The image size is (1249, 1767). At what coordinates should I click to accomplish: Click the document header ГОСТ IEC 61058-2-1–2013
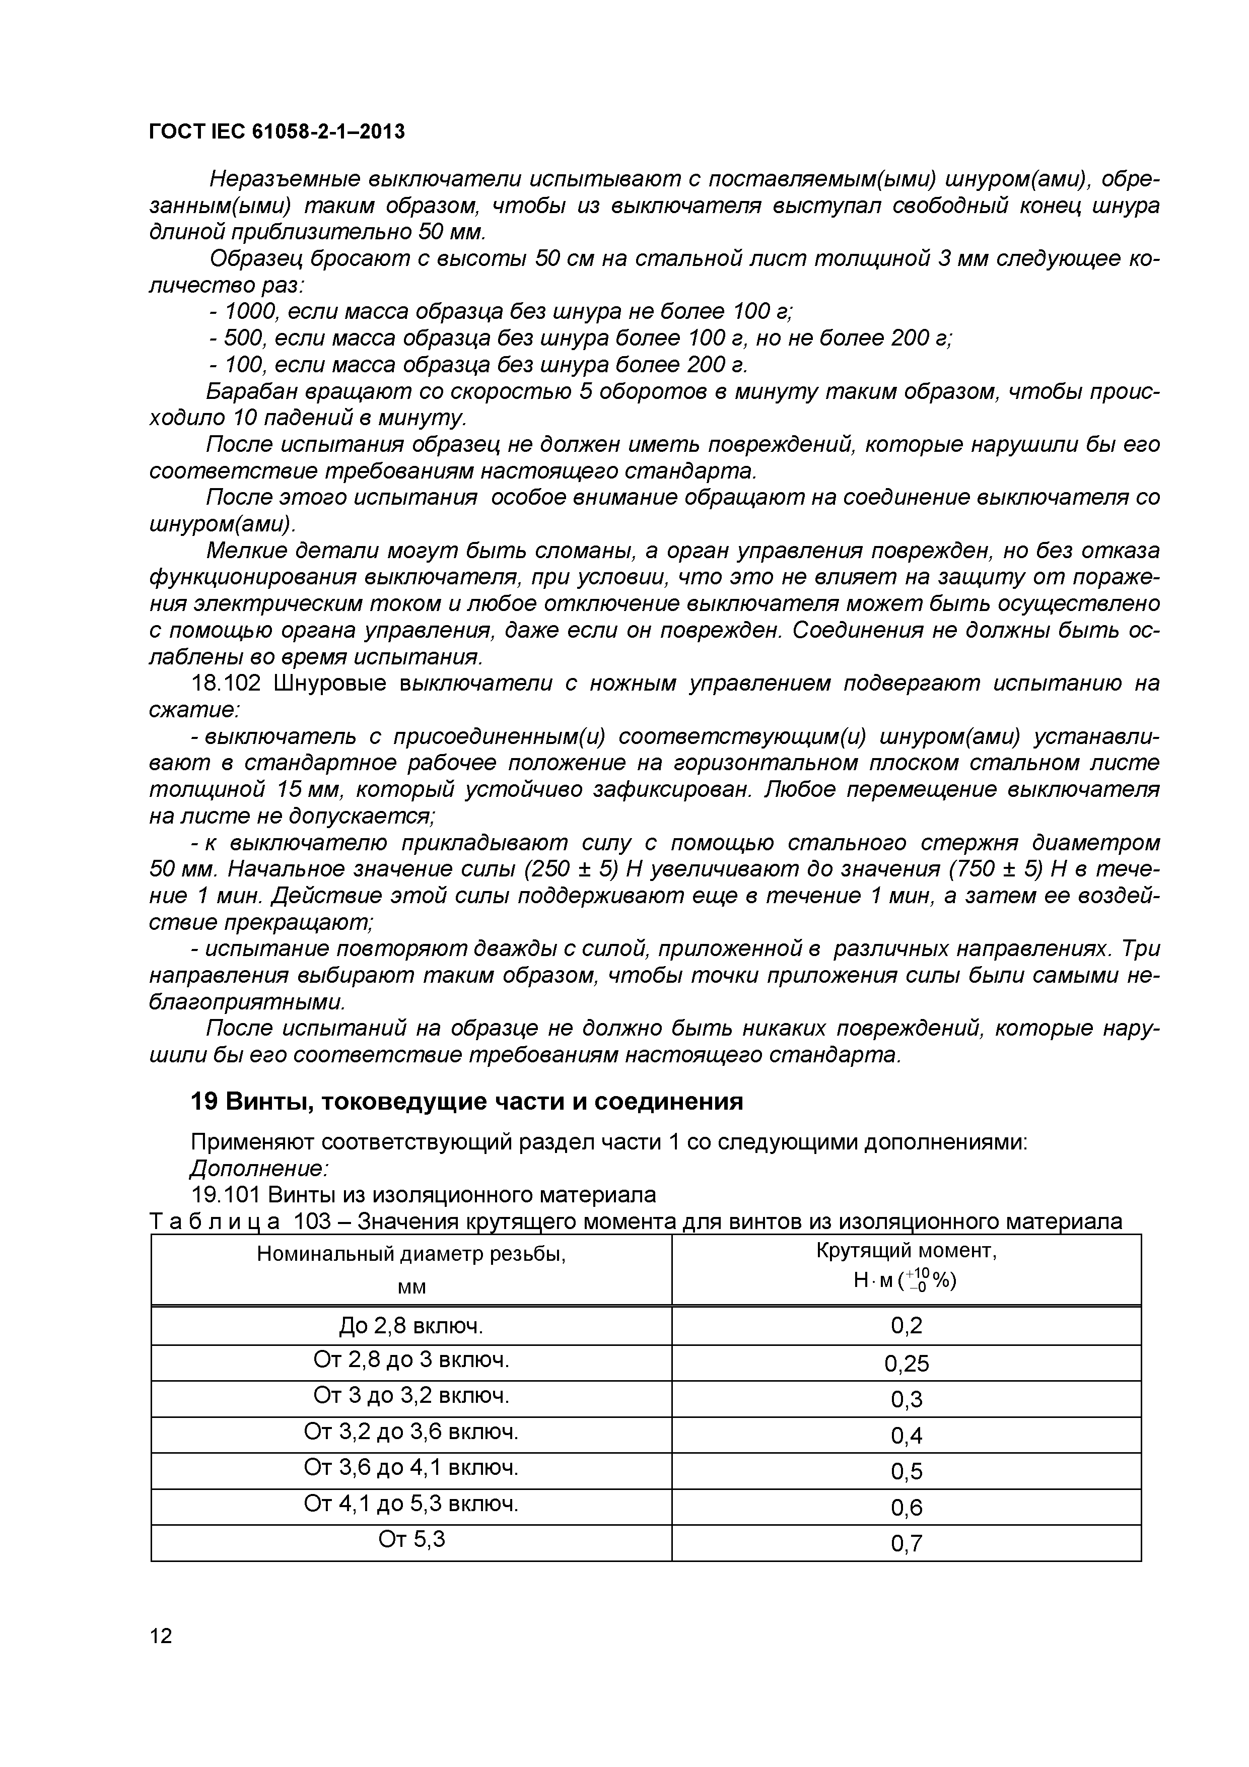click(x=276, y=132)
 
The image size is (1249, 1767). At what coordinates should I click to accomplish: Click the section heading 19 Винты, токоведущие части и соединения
click(x=466, y=1102)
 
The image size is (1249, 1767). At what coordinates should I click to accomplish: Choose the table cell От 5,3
click(x=411, y=1539)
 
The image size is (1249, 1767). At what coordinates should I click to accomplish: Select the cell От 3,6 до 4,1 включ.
click(x=411, y=1468)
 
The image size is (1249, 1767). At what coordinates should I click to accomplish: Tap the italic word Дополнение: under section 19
click(x=258, y=1169)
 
